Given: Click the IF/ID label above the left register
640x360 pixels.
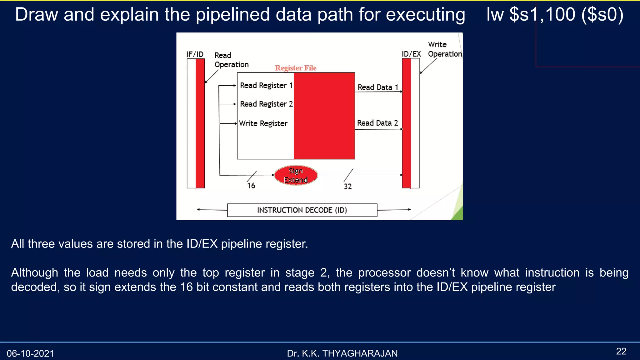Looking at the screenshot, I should [195, 54].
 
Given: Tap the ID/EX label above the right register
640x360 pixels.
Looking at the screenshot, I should [411, 54].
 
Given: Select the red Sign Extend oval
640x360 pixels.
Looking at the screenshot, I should [296, 175].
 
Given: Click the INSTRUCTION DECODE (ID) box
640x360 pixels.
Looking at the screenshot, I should [302, 210].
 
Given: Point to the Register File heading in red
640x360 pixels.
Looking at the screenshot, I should [295, 68].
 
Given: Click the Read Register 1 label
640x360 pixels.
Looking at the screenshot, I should [266, 85].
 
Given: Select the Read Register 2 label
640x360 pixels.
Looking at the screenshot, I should [266, 104].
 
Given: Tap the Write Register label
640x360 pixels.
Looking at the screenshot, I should [263, 123].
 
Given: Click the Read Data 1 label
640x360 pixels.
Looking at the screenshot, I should [377, 87].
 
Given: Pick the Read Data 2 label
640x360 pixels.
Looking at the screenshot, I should [377, 123].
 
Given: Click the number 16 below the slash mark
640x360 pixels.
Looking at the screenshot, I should [251, 186].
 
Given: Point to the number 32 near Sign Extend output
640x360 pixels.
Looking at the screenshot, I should [347, 187].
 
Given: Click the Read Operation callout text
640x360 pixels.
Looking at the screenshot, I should [231, 60].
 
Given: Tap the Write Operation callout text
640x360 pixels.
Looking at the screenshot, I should [444, 49].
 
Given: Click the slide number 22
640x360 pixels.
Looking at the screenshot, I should [621, 351].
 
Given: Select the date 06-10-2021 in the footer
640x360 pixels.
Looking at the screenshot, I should [30, 353].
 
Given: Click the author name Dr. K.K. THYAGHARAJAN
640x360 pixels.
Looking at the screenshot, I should [342, 353].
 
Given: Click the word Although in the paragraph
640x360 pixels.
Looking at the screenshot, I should [34, 272].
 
